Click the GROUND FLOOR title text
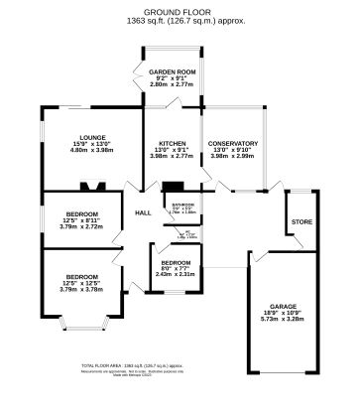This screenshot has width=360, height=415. pyautogui.click(x=180, y=12)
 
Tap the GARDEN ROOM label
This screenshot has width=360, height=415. pyautogui.click(x=169, y=73)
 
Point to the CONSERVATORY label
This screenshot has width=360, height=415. pyautogui.click(x=233, y=143)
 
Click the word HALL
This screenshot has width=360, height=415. pyautogui.click(x=144, y=212)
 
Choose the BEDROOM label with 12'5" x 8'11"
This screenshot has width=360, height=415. pyautogui.click(x=82, y=213)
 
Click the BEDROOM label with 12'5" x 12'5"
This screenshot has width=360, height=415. pyautogui.click(x=82, y=277)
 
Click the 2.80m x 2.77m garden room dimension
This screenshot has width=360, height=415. pyautogui.click(x=169, y=87)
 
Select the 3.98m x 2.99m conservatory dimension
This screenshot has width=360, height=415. pyautogui.click(x=233, y=157)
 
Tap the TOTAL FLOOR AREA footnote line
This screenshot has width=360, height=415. pyautogui.click(x=179, y=367)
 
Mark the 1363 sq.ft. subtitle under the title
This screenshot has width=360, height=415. pyautogui.click(x=180, y=21)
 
